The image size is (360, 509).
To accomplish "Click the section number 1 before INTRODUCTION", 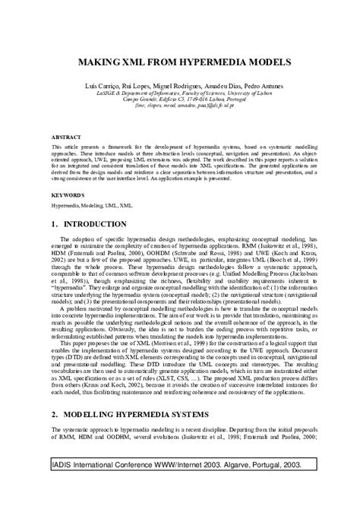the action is (x=53, y=225).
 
